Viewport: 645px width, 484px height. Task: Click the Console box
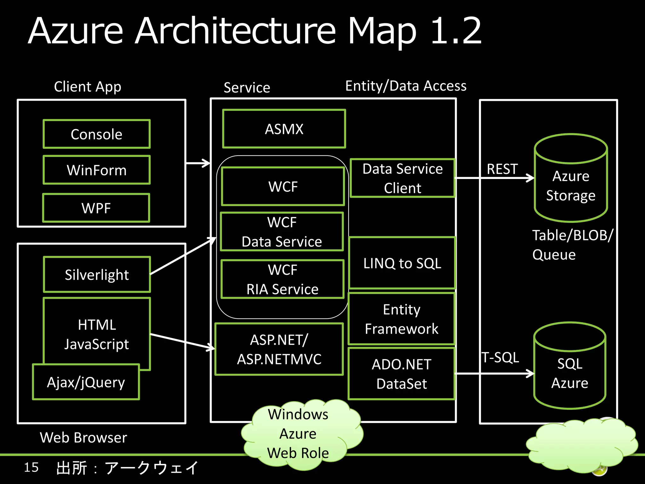(96, 134)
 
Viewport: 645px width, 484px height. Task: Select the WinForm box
(96, 170)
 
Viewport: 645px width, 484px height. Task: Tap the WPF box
(96, 208)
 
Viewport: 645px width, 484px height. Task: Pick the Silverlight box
(97, 275)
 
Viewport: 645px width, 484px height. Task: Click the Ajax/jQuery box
(86, 382)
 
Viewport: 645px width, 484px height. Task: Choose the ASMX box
(284, 129)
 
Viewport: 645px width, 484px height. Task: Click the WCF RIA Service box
(283, 279)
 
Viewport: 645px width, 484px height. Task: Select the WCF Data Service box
(282, 232)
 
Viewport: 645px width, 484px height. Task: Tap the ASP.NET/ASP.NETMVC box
(279, 349)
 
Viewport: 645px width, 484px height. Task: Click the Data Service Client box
(402, 178)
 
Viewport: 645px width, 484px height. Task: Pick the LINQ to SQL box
(402, 263)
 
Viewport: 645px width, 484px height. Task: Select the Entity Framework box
(402, 319)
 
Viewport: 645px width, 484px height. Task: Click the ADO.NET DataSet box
(402, 374)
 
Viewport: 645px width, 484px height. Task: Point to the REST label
(502, 169)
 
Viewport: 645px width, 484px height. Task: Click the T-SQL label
(500, 357)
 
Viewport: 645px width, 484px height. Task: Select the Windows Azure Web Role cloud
(298, 434)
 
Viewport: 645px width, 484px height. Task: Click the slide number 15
(31, 467)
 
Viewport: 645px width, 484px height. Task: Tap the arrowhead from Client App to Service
(207, 163)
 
